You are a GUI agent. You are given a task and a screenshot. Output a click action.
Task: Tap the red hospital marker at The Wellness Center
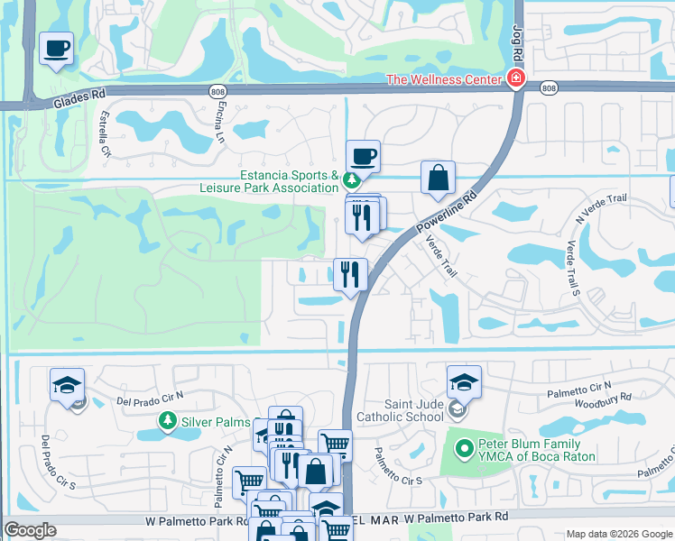(515, 79)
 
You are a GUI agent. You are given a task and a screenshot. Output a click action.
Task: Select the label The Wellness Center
(444, 80)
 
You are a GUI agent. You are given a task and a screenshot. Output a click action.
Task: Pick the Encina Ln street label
(219, 123)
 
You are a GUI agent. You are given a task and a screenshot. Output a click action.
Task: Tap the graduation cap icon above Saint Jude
(464, 383)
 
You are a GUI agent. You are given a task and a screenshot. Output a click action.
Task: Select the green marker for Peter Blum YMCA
(464, 446)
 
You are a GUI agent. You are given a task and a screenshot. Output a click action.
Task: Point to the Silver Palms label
(206, 421)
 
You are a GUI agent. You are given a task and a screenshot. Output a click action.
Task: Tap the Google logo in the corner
(31, 530)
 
